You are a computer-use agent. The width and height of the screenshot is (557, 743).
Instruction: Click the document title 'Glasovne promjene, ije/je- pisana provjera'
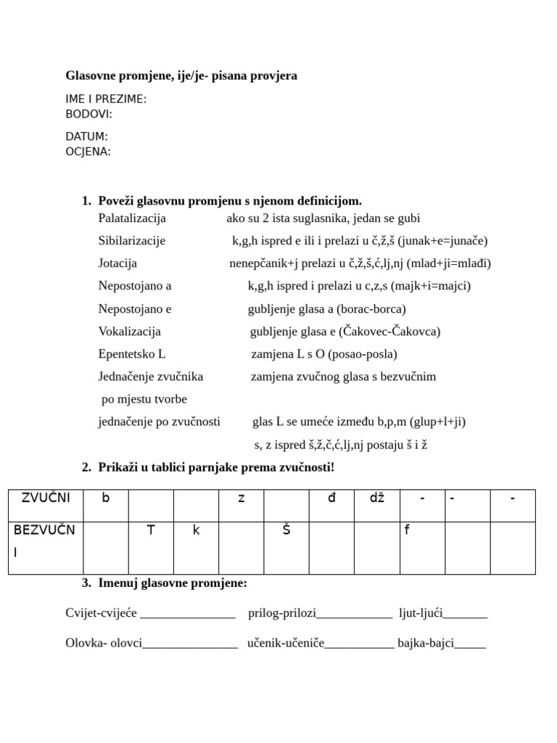pos(181,75)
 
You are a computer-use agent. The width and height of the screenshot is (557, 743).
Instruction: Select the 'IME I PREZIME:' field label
pos(106,99)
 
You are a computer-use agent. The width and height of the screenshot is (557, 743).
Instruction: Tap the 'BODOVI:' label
pos(88,114)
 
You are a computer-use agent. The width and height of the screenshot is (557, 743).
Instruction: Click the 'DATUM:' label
pos(86,136)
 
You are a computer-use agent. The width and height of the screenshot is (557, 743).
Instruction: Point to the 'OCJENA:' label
pos(88,152)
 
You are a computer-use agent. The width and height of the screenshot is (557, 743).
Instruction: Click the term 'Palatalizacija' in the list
pos(132,218)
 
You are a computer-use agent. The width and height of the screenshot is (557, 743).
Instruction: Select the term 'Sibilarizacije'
pos(132,241)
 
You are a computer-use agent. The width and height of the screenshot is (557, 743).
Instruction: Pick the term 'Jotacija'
pos(117,263)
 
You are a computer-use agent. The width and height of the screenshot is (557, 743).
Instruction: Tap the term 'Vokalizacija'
pos(130,332)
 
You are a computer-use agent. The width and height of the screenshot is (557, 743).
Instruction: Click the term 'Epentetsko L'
pos(132,354)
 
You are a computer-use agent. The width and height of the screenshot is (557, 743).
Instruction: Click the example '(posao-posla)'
pos(362,354)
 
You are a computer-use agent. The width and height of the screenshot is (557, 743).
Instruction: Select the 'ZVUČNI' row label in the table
pos(46,498)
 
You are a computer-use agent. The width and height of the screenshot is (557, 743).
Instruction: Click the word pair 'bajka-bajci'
pos(426,643)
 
